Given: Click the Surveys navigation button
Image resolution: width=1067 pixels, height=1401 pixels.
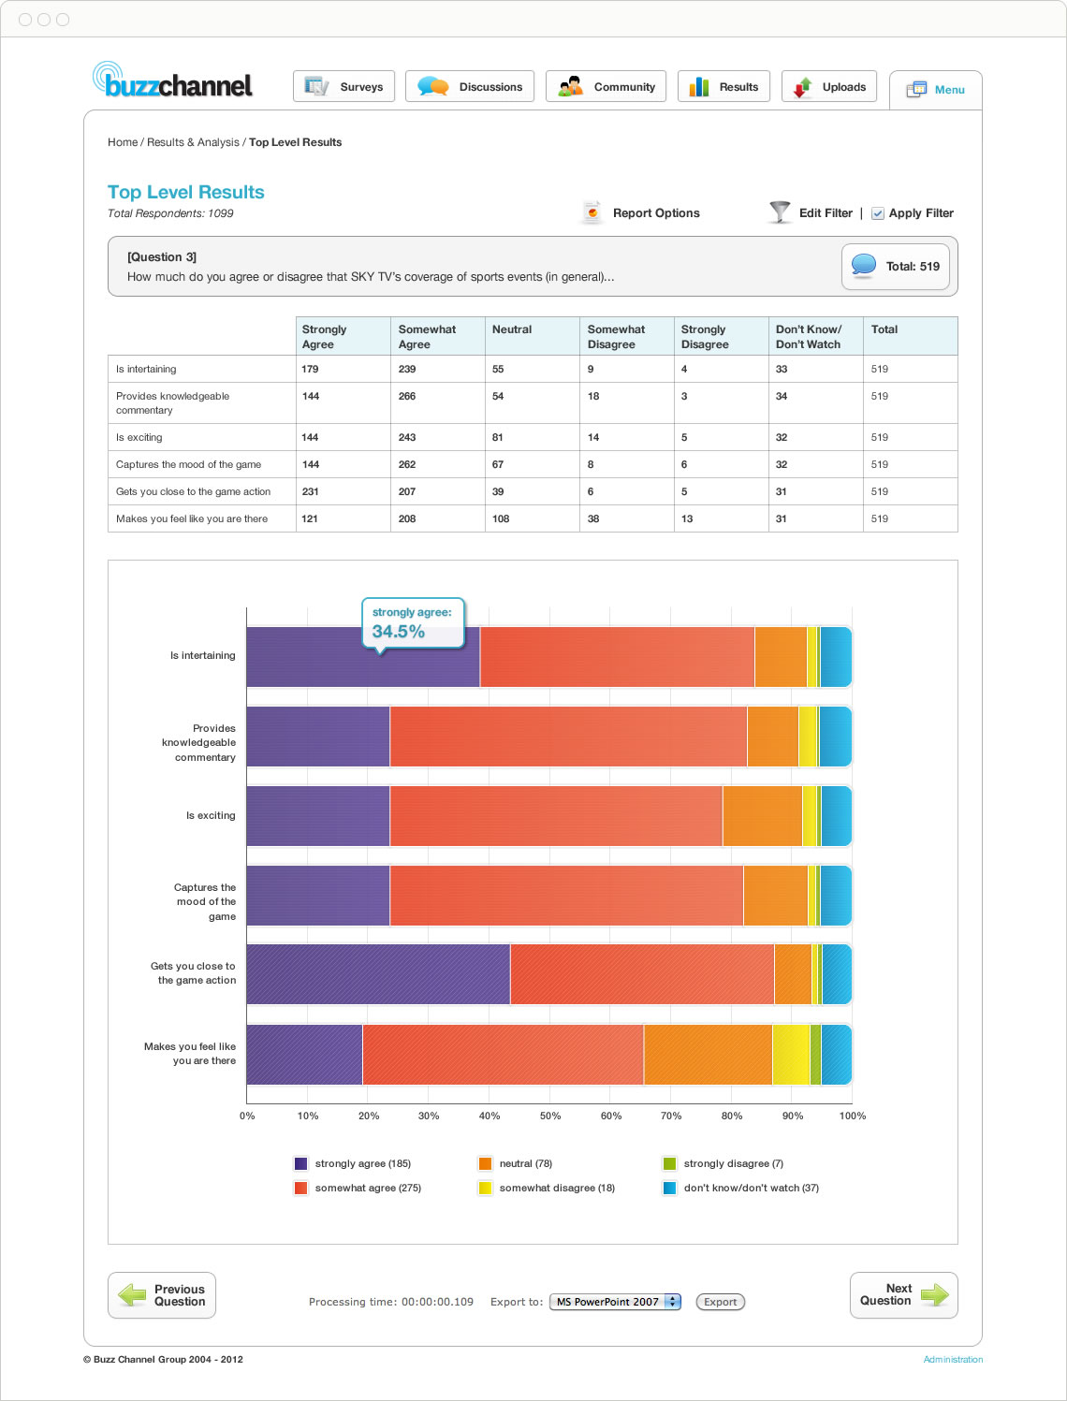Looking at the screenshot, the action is click(x=343, y=86).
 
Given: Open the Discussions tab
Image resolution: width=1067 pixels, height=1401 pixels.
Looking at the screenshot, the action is click(x=470, y=86).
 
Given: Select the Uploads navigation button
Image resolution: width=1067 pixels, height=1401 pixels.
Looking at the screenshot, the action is click(x=829, y=86).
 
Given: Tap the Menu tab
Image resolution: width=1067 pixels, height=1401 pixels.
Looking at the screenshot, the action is click(x=936, y=90).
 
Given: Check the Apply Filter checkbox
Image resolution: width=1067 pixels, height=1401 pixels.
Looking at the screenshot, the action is click(x=878, y=213).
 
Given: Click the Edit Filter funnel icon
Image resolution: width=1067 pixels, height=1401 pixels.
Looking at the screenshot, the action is click(x=779, y=212).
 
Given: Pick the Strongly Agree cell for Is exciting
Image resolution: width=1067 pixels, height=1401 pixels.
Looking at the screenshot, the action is click(x=310, y=437).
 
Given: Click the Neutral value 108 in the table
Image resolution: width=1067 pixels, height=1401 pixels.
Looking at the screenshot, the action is click(x=501, y=518).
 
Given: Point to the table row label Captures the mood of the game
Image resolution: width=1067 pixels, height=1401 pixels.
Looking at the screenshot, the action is click(x=188, y=464).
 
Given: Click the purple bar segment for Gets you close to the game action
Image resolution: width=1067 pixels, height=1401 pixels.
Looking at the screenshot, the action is click(x=378, y=974).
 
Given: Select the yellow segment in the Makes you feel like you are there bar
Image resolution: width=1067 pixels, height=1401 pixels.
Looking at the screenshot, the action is click(x=791, y=1055).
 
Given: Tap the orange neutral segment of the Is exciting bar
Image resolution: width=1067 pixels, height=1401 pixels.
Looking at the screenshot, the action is click(x=762, y=816).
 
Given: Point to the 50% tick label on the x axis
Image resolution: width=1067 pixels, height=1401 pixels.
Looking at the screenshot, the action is click(x=550, y=1116).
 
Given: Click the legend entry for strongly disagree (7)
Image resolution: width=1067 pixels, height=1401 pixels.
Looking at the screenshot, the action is click(x=723, y=1163).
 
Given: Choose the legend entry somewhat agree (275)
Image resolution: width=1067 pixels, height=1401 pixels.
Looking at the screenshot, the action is click(x=358, y=1188).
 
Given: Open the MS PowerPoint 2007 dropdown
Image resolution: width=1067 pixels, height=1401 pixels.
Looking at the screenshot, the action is click(x=615, y=1302).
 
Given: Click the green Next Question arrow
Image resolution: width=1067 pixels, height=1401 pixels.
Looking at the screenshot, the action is click(x=935, y=1294).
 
